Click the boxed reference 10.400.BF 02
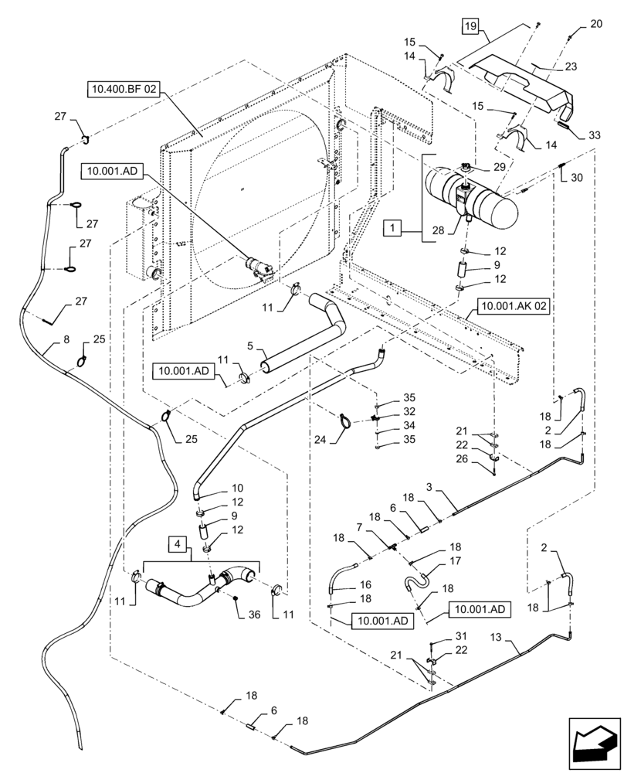point(124,90)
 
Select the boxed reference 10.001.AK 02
point(514,307)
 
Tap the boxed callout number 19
point(470,27)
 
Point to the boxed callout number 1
point(393,230)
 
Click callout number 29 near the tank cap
point(500,167)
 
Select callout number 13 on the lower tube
point(495,635)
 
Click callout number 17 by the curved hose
point(455,562)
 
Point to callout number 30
point(576,177)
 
